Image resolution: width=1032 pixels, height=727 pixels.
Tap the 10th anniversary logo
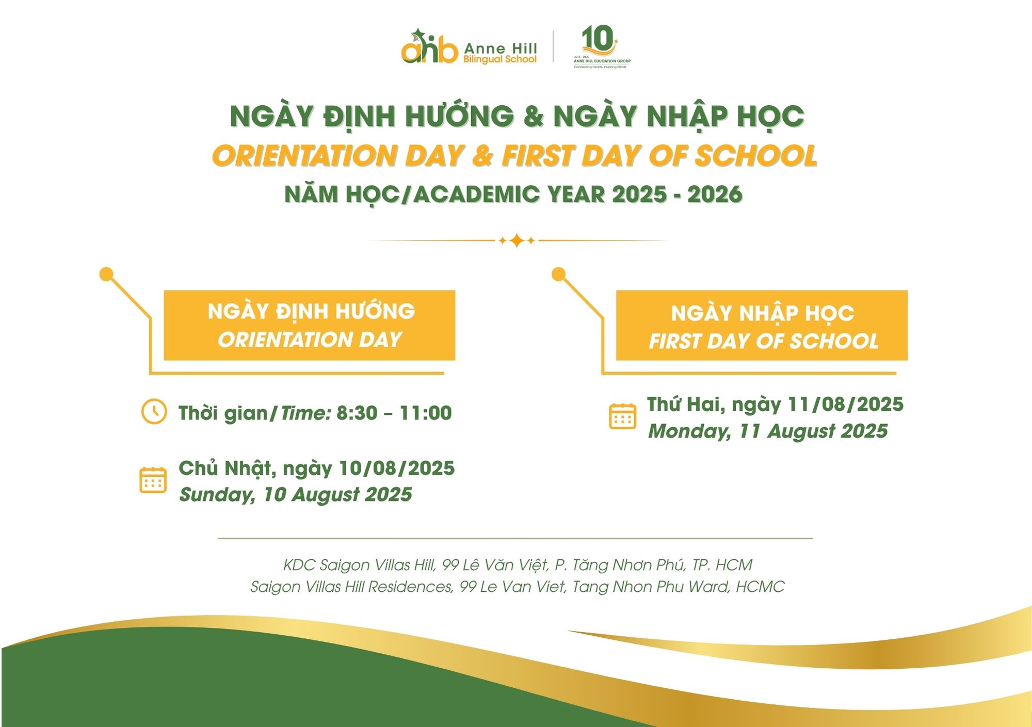coord(602,46)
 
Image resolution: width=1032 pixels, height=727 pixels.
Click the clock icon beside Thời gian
coord(154,412)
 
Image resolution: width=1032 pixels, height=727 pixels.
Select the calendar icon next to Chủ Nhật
coord(153,480)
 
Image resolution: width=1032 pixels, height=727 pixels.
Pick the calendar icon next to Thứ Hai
coord(622,416)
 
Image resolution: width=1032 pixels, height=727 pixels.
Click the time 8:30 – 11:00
coord(394,413)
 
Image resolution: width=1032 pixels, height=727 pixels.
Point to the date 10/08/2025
coord(396,468)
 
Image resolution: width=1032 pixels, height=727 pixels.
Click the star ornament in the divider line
coord(517,240)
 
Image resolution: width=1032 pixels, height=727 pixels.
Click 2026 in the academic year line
coord(715,195)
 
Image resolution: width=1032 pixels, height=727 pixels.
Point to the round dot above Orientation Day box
coord(106,274)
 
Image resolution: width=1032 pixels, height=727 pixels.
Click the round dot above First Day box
coord(558,274)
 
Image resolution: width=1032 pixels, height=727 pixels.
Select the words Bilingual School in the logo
coord(500,59)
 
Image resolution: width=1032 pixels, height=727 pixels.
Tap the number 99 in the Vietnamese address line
coord(450,565)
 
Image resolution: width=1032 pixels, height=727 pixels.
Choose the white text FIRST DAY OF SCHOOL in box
coord(763,341)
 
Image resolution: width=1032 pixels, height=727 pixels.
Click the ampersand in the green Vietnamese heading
coord(534,116)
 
